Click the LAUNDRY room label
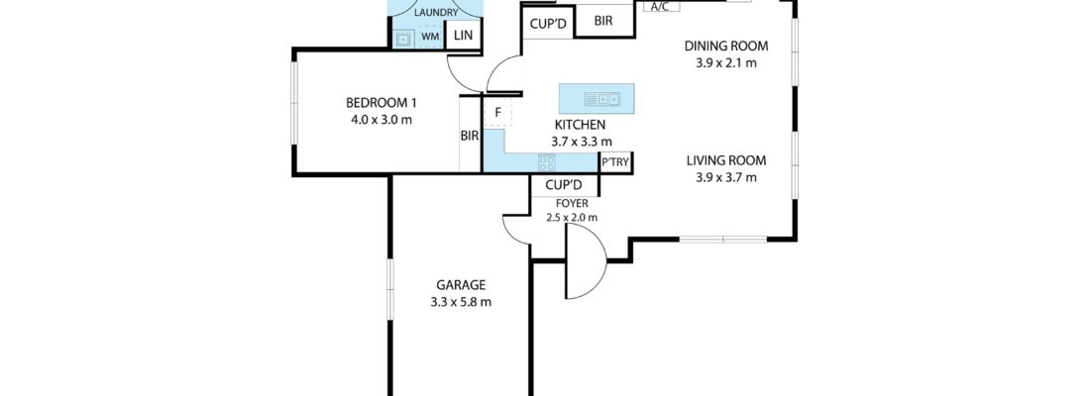coord(437,12)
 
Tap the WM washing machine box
coord(430,37)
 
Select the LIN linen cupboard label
coord(463,37)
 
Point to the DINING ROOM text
coord(725,46)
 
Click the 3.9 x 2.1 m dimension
coord(725,62)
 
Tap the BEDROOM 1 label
coord(381,103)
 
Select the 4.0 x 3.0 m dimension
coord(381,120)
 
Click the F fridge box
coord(497,112)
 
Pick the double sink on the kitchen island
coord(601,98)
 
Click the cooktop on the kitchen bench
coord(547,163)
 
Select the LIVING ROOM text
coord(726,161)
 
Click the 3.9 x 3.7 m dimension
coord(726,178)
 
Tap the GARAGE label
coord(457,285)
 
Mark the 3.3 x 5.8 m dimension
coord(457,302)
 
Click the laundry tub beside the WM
coord(404,39)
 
